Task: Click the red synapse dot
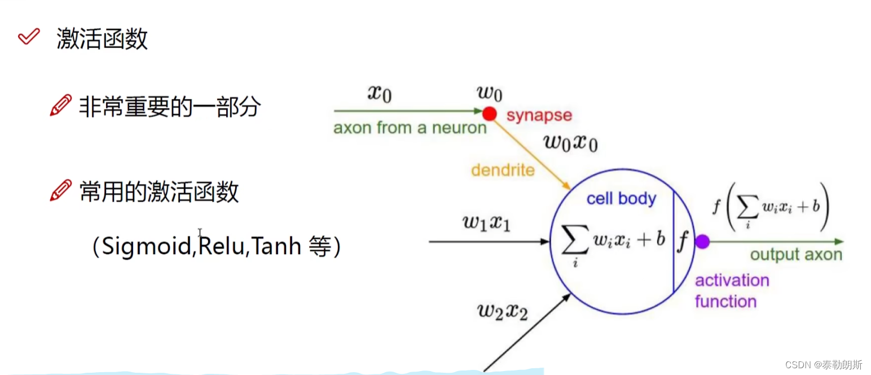[490, 114]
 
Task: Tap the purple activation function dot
[702, 242]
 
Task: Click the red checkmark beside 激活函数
[28, 37]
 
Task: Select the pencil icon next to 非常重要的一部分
[61, 106]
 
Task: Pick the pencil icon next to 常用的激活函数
[61, 191]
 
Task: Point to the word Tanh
[276, 247]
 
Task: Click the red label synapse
[539, 116]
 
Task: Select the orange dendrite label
[503, 169]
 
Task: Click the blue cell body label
[621, 199]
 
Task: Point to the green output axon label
[795, 255]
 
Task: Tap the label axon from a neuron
[410, 128]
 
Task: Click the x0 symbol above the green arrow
[379, 93]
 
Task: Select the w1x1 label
[486, 223]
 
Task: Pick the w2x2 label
[502, 311]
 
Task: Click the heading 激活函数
[102, 39]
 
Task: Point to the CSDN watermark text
[823, 364]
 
